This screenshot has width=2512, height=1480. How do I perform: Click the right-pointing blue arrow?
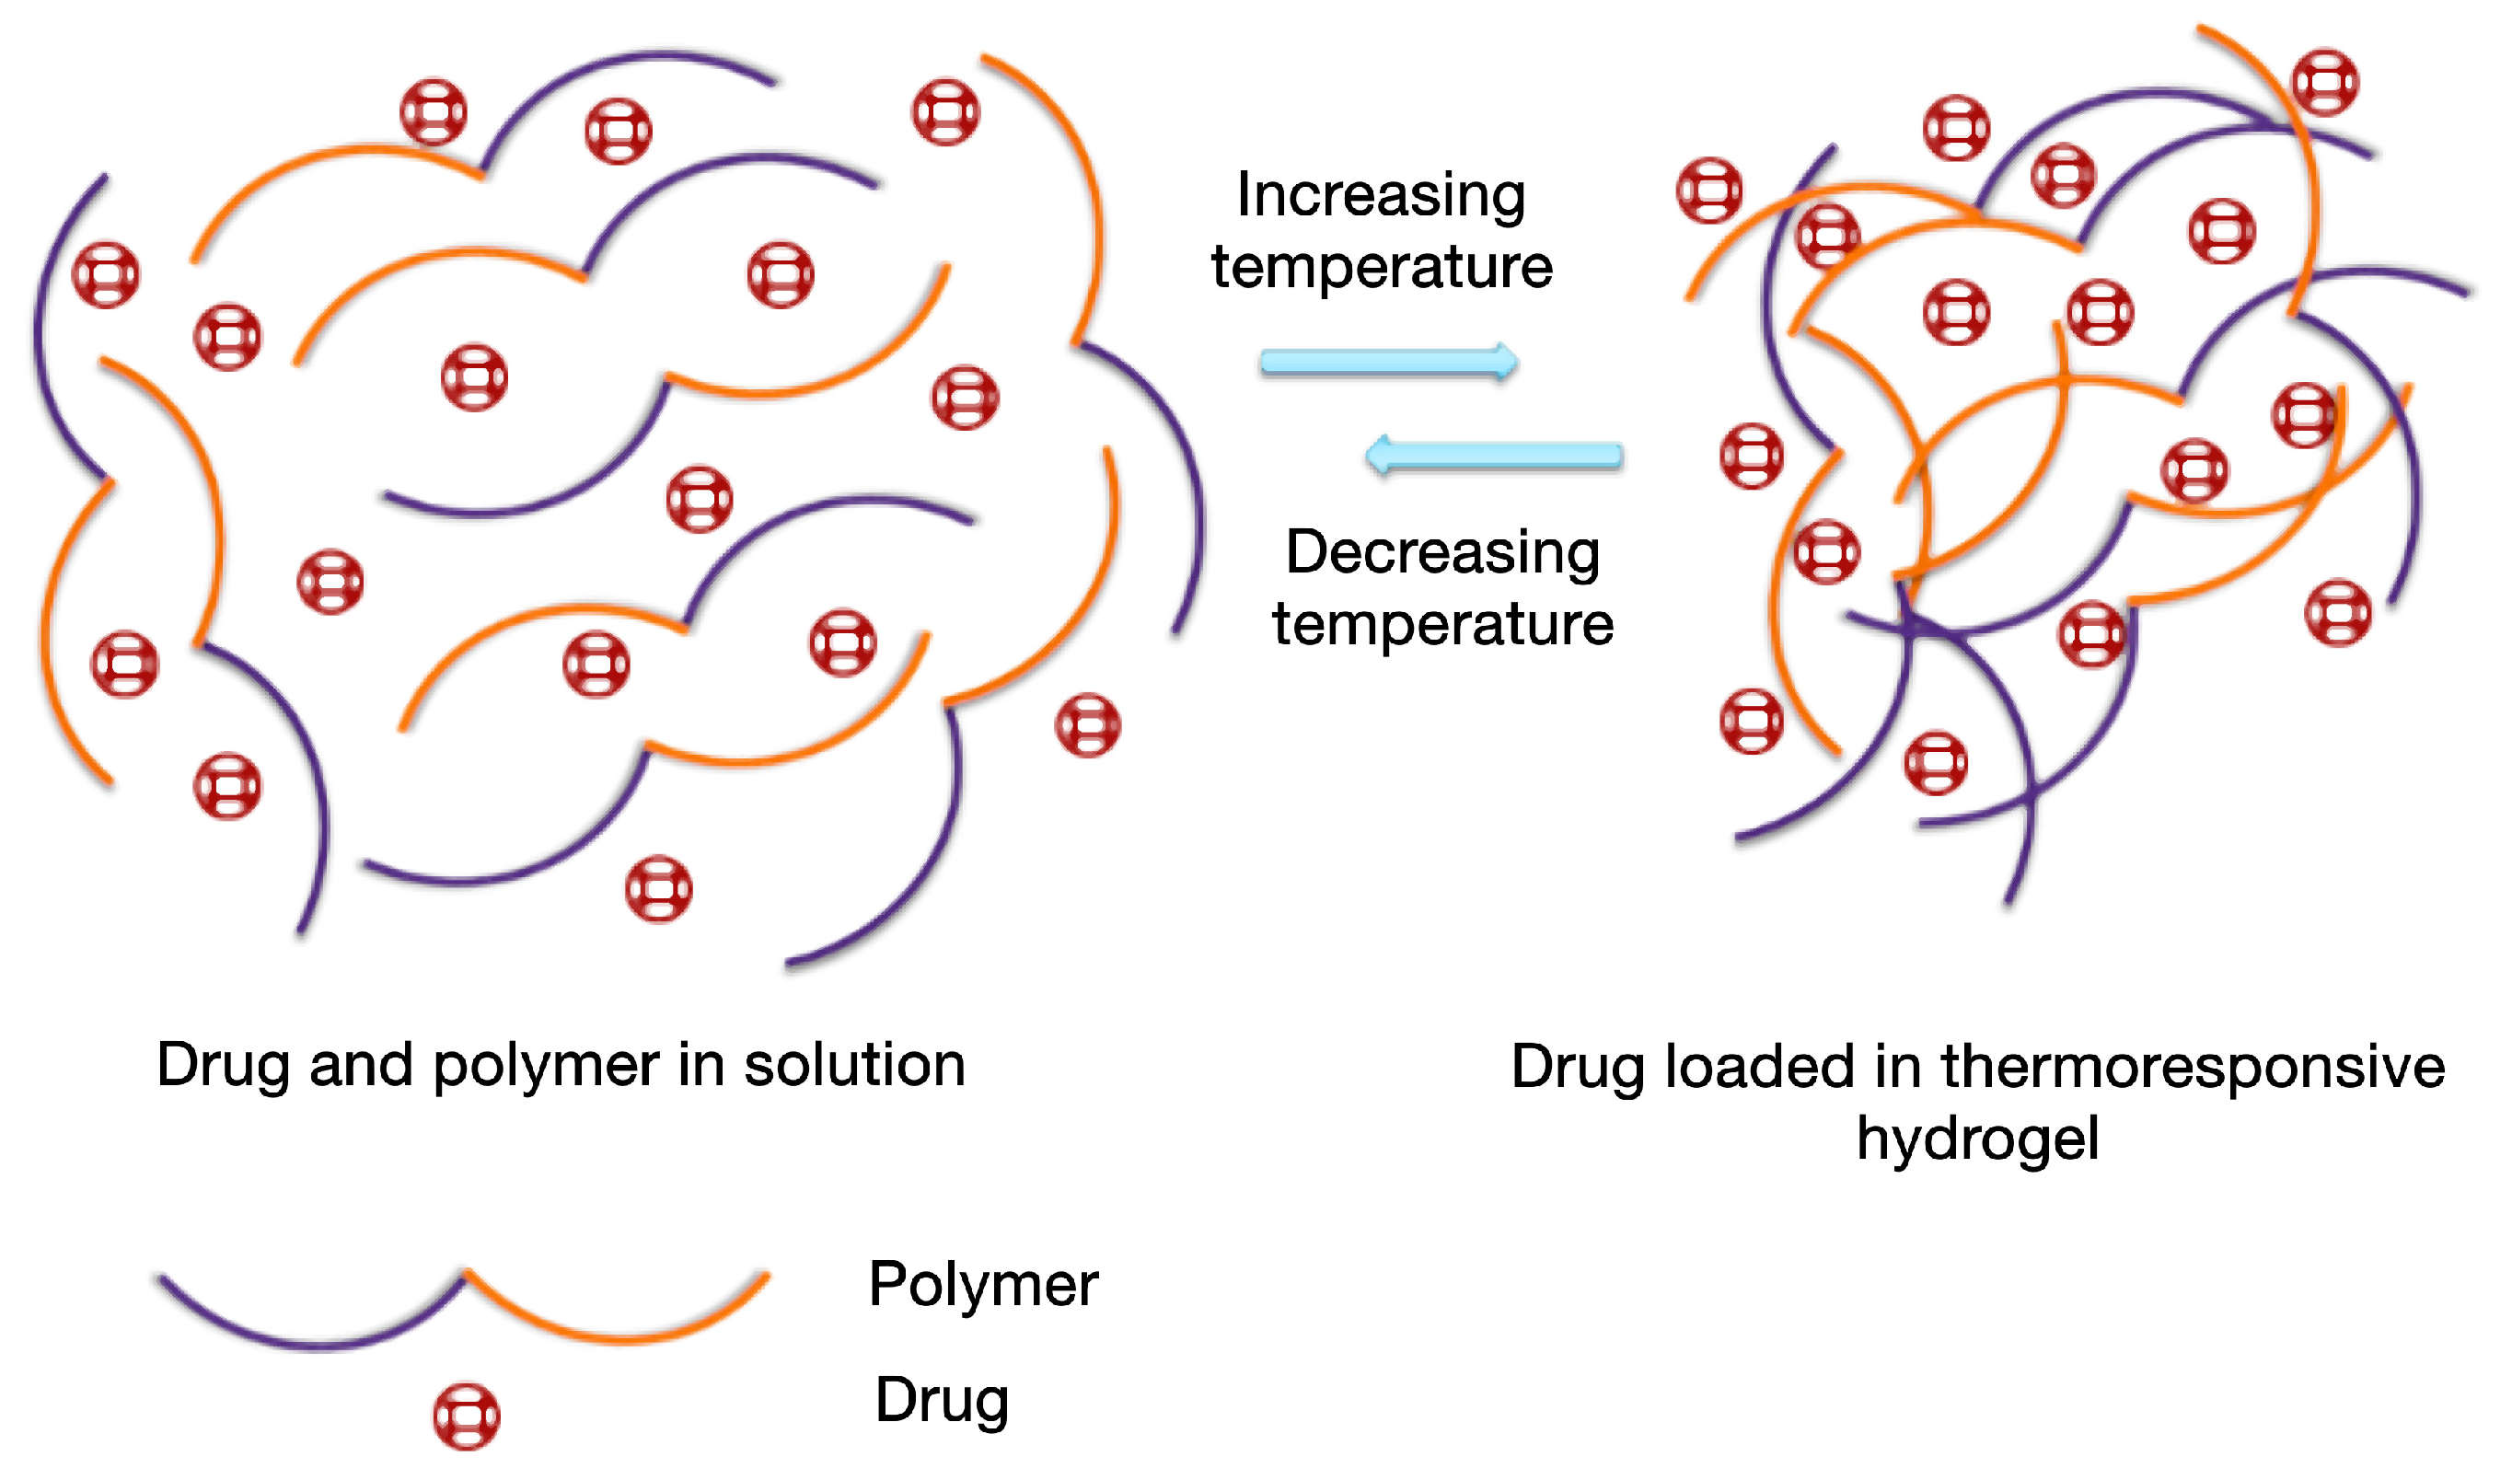[1388, 361]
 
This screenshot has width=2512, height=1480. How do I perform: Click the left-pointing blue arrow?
[1494, 457]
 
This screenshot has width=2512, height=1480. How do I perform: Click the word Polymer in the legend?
[982, 1285]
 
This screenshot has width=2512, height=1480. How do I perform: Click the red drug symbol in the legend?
[466, 1416]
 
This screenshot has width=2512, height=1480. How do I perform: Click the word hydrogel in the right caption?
[1977, 1138]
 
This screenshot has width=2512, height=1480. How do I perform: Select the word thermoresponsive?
[2193, 1066]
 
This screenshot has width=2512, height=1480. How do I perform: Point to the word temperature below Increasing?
[1381, 267]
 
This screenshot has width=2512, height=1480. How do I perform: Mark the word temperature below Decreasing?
[1442, 624]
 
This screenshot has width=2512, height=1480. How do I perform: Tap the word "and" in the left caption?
[360, 1064]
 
